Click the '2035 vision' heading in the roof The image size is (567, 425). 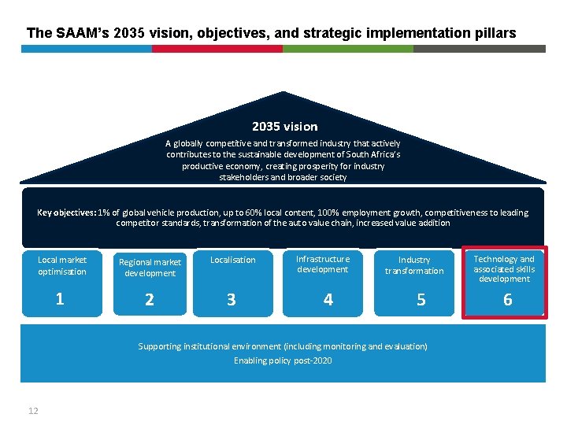[x=284, y=127]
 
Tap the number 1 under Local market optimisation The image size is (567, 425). [x=60, y=298]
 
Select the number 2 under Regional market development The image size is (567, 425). [x=150, y=300]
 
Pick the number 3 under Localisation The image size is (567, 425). [x=231, y=300]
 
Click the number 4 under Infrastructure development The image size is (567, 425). [x=328, y=299]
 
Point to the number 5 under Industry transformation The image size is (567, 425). [x=421, y=300]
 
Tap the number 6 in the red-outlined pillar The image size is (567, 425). [x=507, y=299]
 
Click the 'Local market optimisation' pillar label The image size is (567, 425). [x=62, y=265]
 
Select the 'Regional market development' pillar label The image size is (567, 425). [x=150, y=268]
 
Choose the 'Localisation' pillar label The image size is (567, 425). [x=233, y=260]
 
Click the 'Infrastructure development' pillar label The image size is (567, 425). [x=323, y=264]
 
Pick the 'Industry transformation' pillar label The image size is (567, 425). [x=414, y=265]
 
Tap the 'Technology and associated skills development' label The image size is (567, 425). [x=504, y=268]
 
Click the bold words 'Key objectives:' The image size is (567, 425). [x=67, y=213]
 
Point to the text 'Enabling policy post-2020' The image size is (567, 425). [x=283, y=360]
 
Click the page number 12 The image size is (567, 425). [x=33, y=410]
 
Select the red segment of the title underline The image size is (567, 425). [x=217, y=49]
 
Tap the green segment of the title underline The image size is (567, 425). [x=347, y=49]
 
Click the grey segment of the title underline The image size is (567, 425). [x=479, y=49]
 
